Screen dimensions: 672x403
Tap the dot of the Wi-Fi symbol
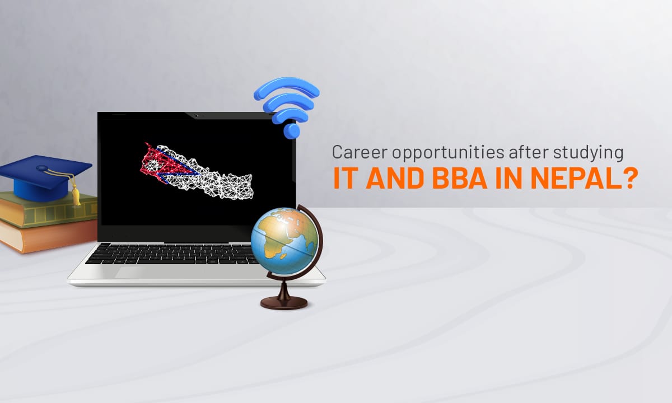click(292, 131)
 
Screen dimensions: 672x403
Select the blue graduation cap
click(45, 177)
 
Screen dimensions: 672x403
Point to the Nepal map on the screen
click(197, 171)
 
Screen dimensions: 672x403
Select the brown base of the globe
click(284, 302)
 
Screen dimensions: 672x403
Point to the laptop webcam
click(196, 115)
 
